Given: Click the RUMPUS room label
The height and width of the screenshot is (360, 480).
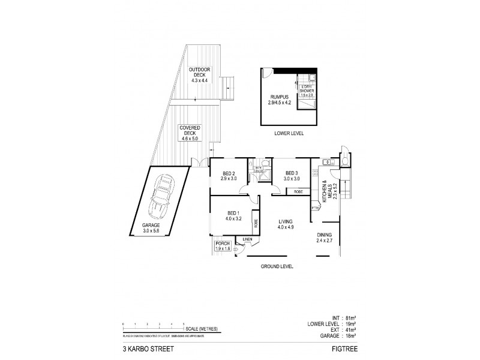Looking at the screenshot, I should pos(280,98).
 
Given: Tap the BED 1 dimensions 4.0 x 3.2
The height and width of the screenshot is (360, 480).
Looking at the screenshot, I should pos(234,219).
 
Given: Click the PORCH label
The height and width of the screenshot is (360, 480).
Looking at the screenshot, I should pos(223,243).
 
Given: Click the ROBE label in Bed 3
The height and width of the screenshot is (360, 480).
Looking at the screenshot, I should pos(298,191).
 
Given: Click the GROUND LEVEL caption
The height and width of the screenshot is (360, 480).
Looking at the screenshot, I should pos(276,266).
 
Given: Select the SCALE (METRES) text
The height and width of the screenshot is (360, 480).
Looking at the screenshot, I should pos(203,329).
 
